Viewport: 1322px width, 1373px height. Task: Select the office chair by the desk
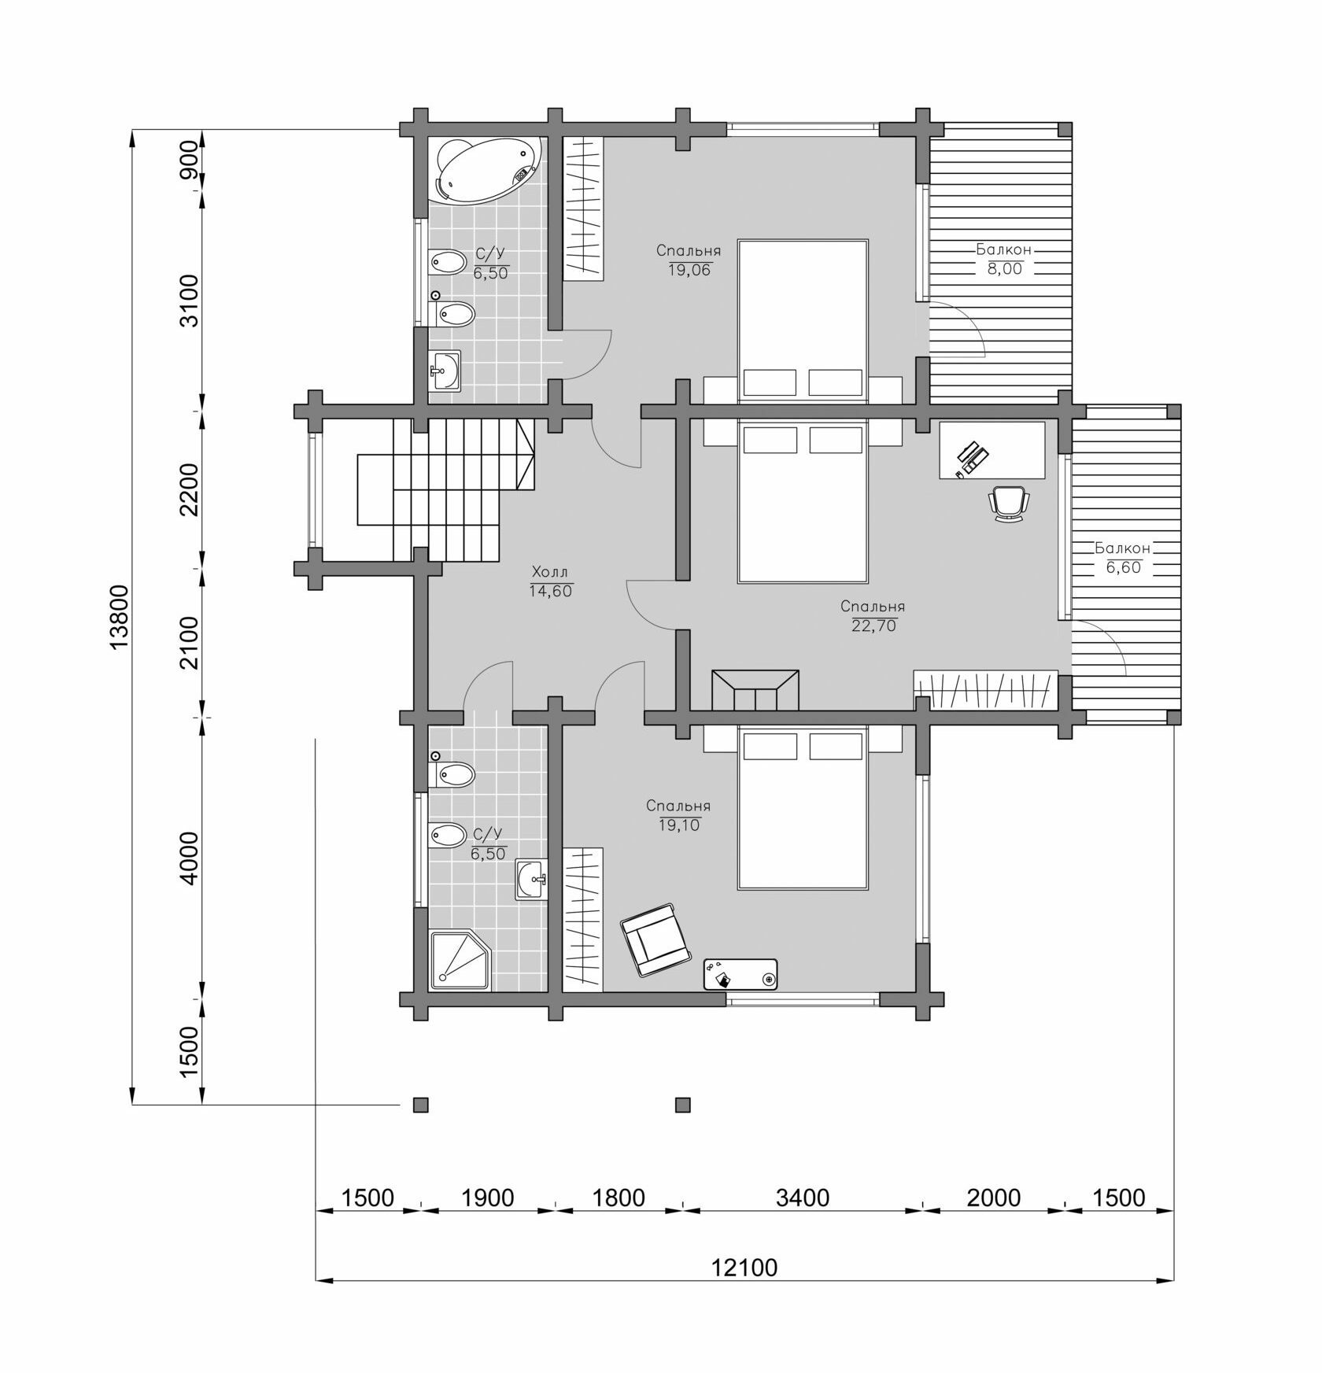1009,502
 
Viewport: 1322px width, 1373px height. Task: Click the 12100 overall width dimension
744,1268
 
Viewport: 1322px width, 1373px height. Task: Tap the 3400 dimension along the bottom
803,1198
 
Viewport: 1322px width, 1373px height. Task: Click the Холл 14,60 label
550,581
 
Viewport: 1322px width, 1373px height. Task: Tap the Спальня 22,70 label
873,616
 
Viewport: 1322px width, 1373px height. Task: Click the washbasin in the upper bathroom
445,370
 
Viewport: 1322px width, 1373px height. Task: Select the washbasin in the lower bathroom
531,879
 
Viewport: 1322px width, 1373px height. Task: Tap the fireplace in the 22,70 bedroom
755,690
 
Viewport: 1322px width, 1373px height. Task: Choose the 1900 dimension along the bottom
487,1198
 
